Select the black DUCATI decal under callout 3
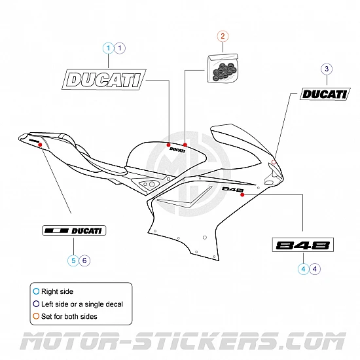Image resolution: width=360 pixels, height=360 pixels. coord(323,94)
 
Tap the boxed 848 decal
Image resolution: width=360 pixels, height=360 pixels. coord(302,246)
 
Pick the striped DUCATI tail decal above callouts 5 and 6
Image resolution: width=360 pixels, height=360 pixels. coord(73,230)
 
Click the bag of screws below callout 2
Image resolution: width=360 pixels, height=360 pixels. coord(223,68)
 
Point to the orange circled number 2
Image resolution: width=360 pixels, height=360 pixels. coord(223,37)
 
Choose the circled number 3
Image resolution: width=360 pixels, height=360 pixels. coord(327,69)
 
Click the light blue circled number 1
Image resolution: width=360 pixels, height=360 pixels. coord(108,47)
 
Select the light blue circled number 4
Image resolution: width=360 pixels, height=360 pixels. coord(304,268)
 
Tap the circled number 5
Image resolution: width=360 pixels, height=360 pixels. coord(73,260)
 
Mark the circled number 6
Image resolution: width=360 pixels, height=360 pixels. coord(84,260)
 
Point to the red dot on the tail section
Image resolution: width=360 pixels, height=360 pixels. coord(41,145)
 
